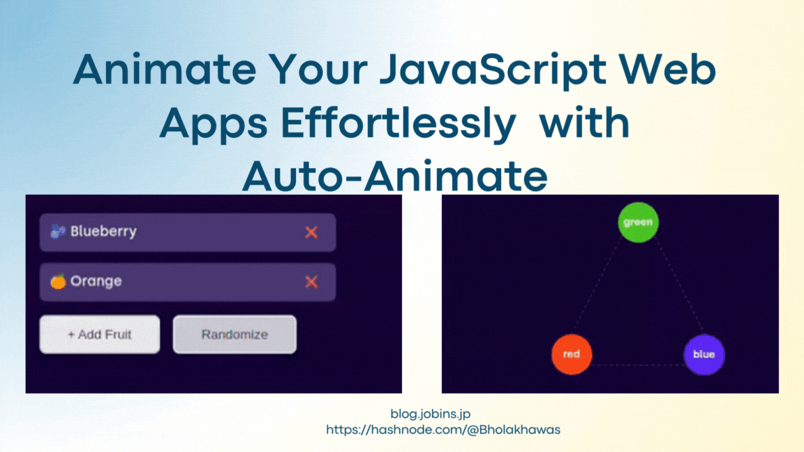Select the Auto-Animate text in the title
click(x=394, y=178)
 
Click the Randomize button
click(x=234, y=335)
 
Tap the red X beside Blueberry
click(x=311, y=232)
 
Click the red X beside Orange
click(x=311, y=282)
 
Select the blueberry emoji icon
click(x=58, y=232)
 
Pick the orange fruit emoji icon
click(x=58, y=281)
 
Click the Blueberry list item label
click(x=103, y=232)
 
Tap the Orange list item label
click(x=96, y=281)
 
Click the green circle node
click(x=638, y=223)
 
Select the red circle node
click(x=572, y=354)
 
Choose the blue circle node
click(x=703, y=354)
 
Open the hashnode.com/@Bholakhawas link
click(x=443, y=430)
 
